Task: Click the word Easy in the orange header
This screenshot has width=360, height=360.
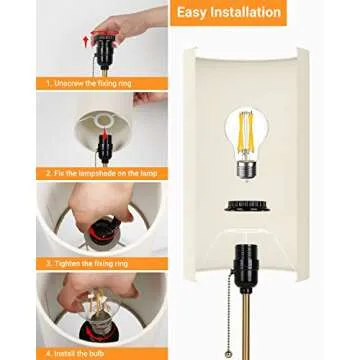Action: click(196, 13)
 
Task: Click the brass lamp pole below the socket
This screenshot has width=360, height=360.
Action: click(251, 335)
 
